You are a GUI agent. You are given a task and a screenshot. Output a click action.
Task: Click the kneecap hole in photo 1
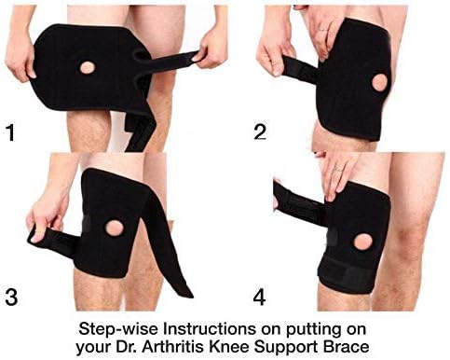coord(89,68)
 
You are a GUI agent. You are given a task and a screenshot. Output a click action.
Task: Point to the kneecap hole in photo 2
coord(379,82)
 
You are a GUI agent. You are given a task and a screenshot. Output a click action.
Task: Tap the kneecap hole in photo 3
coord(117,228)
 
